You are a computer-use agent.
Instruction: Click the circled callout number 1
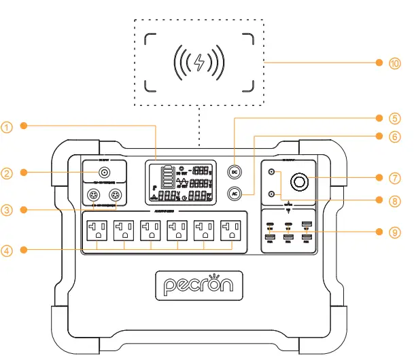(x=7, y=126)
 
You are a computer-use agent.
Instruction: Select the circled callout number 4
(x=7, y=251)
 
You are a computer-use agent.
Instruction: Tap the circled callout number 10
(x=396, y=62)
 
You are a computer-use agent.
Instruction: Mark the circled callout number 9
(x=396, y=232)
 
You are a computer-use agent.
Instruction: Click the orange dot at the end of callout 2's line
(x=24, y=173)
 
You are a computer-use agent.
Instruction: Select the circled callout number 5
(x=396, y=117)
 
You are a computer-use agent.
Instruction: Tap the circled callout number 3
(x=7, y=210)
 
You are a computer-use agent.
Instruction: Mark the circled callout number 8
(x=396, y=200)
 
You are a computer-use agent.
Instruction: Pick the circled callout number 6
(x=396, y=136)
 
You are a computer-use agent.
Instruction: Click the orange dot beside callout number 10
(x=379, y=62)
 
